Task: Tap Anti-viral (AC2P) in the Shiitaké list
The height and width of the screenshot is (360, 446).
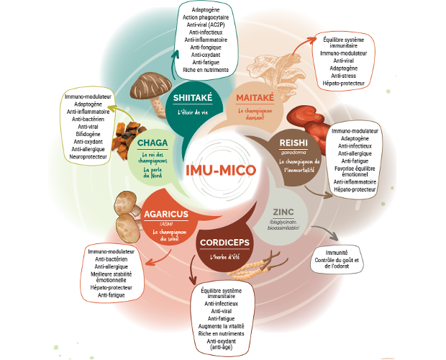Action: (206, 24)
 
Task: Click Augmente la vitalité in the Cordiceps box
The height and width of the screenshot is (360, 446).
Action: (226, 326)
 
